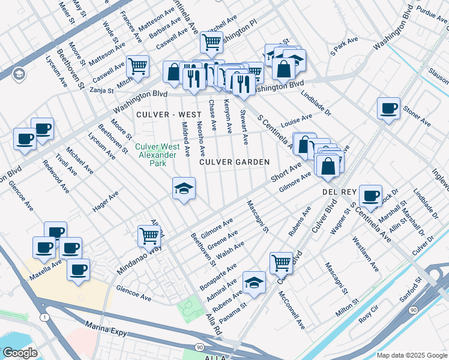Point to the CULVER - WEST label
click(x=160, y=114)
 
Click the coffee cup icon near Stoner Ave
click(x=388, y=109)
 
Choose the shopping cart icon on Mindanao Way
click(x=148, y=235)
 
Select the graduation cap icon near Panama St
click(x=254, y=282)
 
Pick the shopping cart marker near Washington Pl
click(x=211, y=42)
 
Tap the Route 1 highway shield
click(x=44, y=316)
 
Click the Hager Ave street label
click(x=106, y=202)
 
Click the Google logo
click(x=20, y=353)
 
